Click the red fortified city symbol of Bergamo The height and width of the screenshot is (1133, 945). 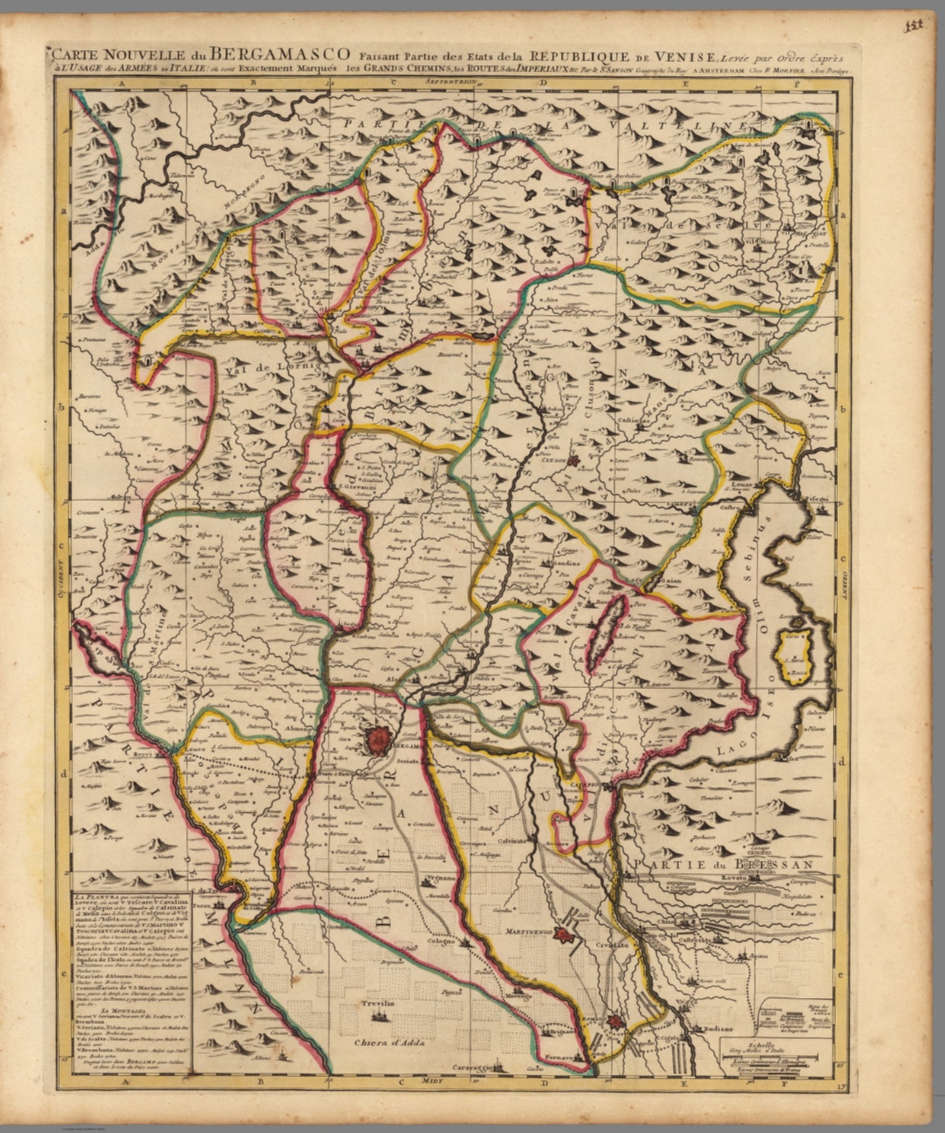[380, 738]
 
